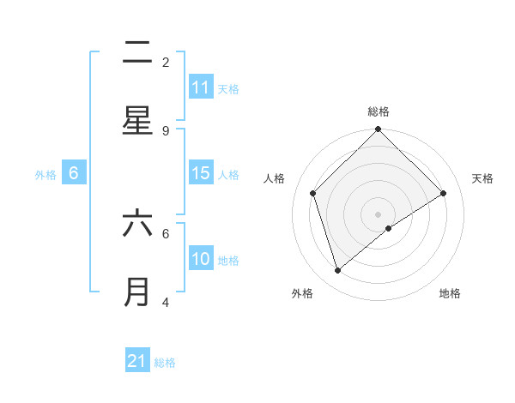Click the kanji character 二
click(137, 54)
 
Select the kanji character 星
click(137, 120)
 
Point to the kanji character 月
click(137, 292)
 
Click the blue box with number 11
click(201, 87)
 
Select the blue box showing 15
click(201, 174)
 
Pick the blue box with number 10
click(201, 259)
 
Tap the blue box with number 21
click(137, 362)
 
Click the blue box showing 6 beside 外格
click(74, 173)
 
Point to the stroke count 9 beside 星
click(166, 130)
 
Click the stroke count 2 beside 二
click(166, 62)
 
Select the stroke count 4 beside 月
click(166, 302)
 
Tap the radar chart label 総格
click(379, 111)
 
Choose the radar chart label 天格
click(482, 178)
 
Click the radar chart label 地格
click(450, 293)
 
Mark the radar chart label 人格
click(275, 178)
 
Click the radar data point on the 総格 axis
click(379, 130)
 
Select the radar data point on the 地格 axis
click(389, 228)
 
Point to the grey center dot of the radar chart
click(379, 214)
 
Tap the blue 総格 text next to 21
click(165, 363)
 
